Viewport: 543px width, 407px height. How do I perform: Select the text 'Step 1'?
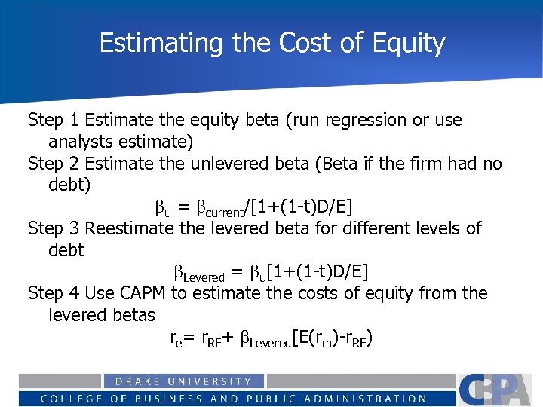pyautogui.click(x=53, y=120)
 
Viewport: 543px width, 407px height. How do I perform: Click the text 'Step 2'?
pyautogui.click(x=53, y=164)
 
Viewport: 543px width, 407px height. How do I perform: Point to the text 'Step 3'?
pyautogui.click(x=53, y=228)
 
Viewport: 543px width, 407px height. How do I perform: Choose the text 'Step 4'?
pyautogui.click(x=53, y=292)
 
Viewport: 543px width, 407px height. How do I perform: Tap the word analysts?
pyautogui.click(x=81, y=142)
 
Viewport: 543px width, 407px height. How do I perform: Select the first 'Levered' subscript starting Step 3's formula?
pyautogui.click(x=204, y=274)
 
